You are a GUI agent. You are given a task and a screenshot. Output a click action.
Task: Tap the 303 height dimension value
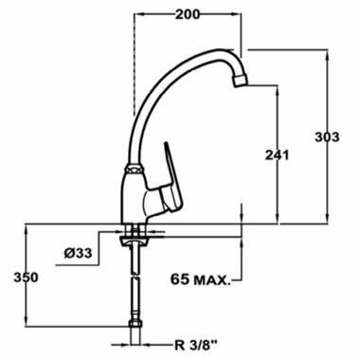pos(327,138)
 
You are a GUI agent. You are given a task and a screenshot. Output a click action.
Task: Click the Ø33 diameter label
pos(77,253)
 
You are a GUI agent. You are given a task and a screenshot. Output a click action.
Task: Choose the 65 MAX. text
pos(205,279)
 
